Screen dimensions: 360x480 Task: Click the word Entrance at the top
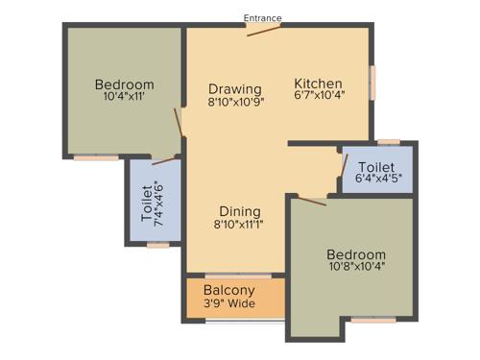click(x=262, y=17)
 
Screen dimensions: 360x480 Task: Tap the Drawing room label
click(x=234, y=89)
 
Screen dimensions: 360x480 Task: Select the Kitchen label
click(x=318, y=82)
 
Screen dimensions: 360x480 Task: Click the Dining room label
click(x=239, y=211)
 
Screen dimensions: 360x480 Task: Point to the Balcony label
click(x=228, y=290)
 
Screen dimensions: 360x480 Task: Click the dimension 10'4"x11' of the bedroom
click(x=124, y=97)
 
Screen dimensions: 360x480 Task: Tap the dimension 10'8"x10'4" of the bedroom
click(x=354, y=266)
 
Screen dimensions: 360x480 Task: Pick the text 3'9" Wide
click(x=229, y=304)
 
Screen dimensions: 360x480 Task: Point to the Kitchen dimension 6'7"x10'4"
click(x=318, y=95)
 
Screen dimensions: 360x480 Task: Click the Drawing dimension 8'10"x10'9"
click(x=235, y=102)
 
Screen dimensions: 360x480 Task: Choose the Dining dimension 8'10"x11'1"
click(x=239, y=225)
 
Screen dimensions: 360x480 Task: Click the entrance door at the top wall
click(x=262, y=31)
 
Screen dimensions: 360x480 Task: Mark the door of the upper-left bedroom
click(x=178, y=123)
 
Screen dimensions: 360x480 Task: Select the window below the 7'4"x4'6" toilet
click(x=157, y=245)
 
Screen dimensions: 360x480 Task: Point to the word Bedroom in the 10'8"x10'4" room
click(x=354, y=253)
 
